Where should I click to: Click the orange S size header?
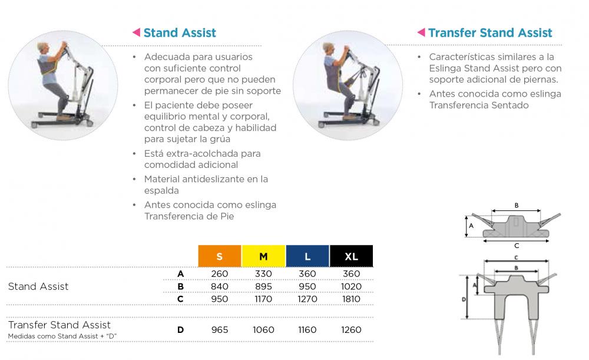coord(220,256)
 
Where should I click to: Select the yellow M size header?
coord(264,256)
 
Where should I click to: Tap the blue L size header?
coord(307,256)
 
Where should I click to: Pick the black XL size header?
coord(352,256)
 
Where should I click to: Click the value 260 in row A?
coord(220,274)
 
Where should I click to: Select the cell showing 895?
coord(264,287)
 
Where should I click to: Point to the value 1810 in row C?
coord(351,299)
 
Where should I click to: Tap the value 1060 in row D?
coord(264,330)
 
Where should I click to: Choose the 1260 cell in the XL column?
coord(351,330)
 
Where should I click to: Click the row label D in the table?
coord(181,330)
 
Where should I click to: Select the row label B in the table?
coord(181,287)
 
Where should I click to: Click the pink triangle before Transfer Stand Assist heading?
coord(421,32)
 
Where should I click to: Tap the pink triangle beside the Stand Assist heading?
coord(137,32)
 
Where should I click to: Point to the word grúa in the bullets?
coord(220,140)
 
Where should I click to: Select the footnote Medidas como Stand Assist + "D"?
coord(62,336)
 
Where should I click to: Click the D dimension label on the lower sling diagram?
coord(464,299)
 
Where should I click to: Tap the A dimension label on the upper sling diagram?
coord(471,226)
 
